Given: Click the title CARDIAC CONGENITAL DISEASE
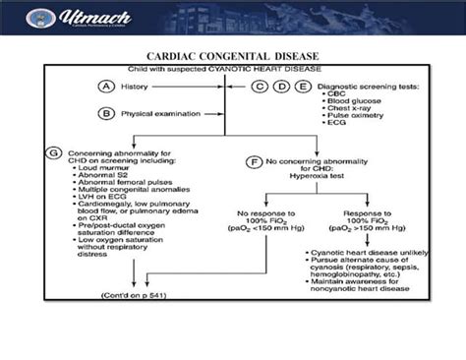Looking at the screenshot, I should click(232, 57).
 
